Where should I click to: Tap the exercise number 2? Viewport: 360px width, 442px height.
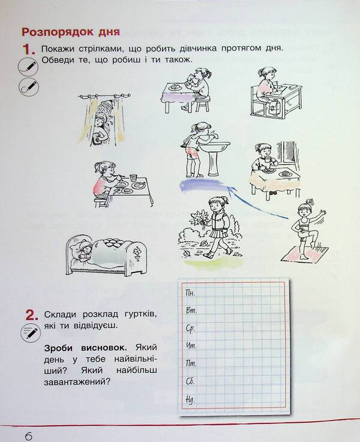[x=31, y=314]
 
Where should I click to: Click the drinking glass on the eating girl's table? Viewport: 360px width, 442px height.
[x=133, y=179]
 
